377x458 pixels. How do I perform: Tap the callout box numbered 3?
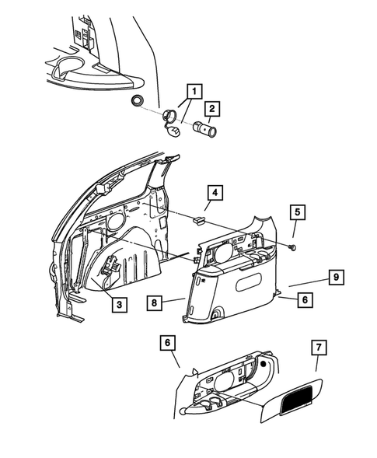point(119,304)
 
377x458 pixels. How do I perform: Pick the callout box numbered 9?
point(336,275)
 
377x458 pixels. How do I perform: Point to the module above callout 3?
point(110,268)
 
